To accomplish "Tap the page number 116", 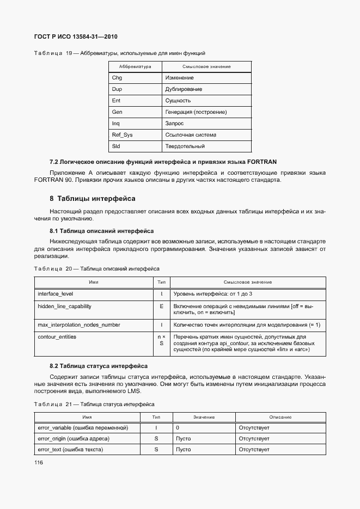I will (x=39, y=463).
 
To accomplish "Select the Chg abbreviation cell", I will (x=117, y=78).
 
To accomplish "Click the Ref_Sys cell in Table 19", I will (x=122, y=135).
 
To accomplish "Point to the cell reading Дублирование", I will (x=184, y=89).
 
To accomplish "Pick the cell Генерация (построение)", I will (x=196, y=112).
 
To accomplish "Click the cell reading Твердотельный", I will (x=185, y=146).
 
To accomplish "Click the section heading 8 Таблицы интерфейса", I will (x=93, y=198).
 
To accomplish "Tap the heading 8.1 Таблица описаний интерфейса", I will (x=101, y=231).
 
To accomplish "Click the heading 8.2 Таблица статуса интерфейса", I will (x=99, y=366).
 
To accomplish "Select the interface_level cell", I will (x=56, y=294).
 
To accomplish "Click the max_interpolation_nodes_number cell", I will (x=78, y=325).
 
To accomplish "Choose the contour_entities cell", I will (x=57, y=337).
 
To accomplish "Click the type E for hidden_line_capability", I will (x=161, y=306).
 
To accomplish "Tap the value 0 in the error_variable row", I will (x=178, y=428).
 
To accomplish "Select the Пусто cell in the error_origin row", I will (x=184, y=439).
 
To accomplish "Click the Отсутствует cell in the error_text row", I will (x=254, y=450).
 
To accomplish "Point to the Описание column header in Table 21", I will (x=280, y=417).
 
